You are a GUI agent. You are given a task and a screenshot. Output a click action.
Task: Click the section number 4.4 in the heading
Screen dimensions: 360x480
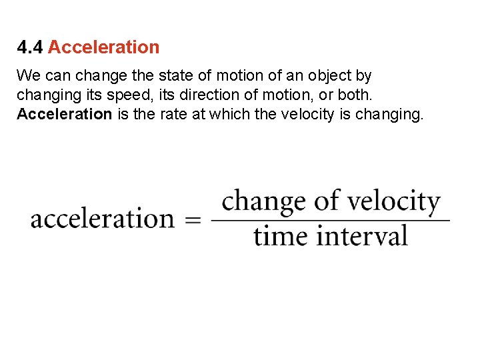pyautogui.click(x=30, y=47)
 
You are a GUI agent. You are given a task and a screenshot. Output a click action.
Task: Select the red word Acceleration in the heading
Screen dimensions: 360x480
pyautogui.click(x=104, y=47)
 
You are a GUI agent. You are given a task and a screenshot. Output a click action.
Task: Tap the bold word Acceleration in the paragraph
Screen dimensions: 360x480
pyautogui.click(x=64, y=114)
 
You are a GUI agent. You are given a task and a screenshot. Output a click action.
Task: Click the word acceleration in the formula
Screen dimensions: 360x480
pyautogui.click(x=102, y=219)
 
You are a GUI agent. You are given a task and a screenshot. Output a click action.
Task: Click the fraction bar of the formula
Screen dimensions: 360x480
pyautogui.click(x=330, y=221)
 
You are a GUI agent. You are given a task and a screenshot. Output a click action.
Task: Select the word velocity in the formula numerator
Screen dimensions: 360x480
pyautogui.click(x=401, y=202)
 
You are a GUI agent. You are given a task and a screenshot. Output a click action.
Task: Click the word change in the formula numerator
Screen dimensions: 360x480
pyautogui.click(x=263, y=202)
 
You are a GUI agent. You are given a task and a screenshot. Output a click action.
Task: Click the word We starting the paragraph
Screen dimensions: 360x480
pyautogui.click(x=29, y=75)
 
